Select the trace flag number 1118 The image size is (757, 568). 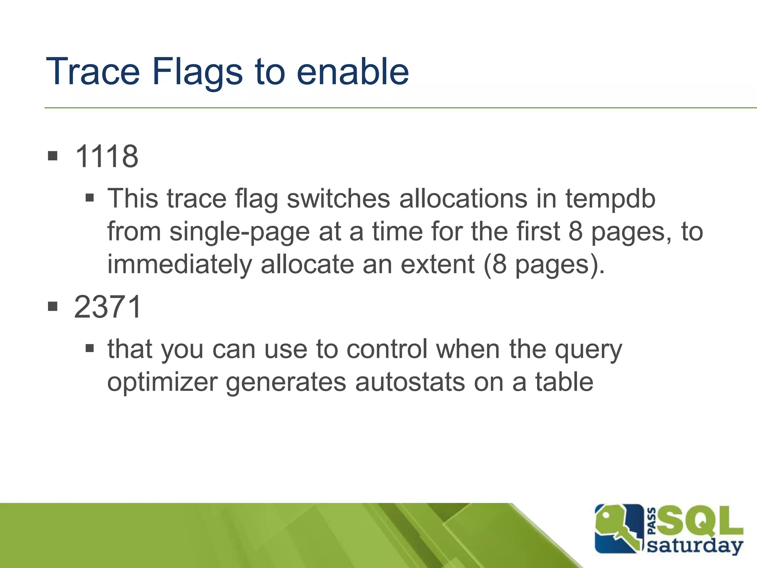[106, 156]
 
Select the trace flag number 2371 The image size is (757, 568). [108, 307]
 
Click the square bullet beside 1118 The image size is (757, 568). [53, 156]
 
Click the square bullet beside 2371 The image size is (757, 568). [53, 306]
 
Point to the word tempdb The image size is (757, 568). [610, 199]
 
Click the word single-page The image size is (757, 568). [239, 232]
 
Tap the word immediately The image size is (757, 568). [180, 265]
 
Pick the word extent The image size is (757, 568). [438, 265]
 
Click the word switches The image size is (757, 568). [338, 199]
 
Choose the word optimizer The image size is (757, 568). [162, 382]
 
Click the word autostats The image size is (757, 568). [410, 382]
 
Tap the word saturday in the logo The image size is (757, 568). [695, 545]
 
